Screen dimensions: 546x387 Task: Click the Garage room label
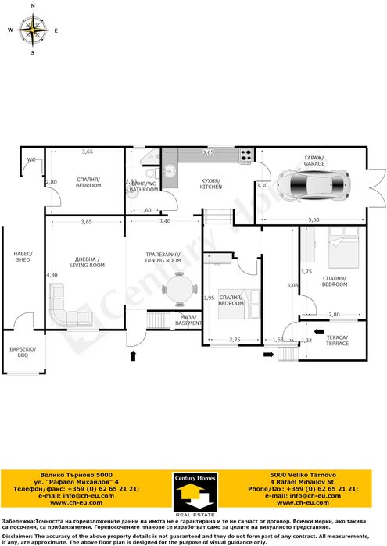click(x=315, y=161)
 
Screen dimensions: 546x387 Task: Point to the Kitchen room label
click(x=210, y=184)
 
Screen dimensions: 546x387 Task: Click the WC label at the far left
click(x=31, y=159)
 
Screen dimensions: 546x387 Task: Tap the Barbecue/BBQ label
click(x=23, y=352)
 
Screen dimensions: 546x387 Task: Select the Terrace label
click(x=338, y=341)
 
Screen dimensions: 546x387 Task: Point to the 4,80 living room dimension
click(x=52, y=275)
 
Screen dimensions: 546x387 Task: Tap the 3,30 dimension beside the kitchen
click(x=262, y=186)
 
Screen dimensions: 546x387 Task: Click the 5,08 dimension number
click(x=293, y=285)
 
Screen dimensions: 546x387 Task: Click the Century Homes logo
click(x=195, y=492)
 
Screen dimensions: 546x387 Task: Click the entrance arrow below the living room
click(x=131, y=356)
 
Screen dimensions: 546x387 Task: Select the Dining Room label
click(x=163, y=257)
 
